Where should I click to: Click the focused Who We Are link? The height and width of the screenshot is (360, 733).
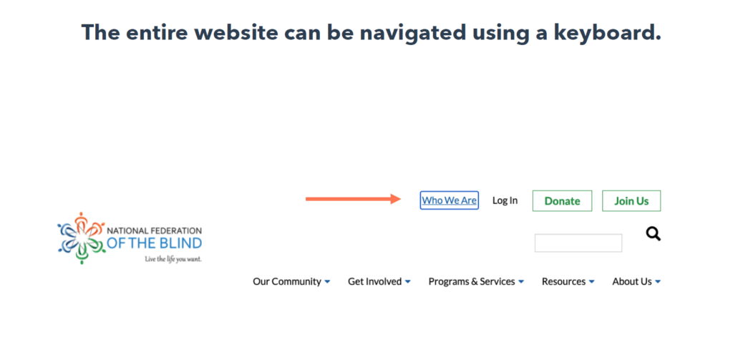coord(449,200)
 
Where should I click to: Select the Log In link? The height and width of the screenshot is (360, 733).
coord(505,200)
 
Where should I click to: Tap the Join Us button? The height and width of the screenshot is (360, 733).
coord(631,201)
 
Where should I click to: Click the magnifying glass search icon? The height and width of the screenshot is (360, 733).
coord(654,233)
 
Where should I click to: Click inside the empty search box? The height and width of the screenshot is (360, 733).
coord(578,243)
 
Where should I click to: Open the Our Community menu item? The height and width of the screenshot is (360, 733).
coord(287,281)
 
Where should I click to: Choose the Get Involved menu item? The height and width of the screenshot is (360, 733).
coord(374,281)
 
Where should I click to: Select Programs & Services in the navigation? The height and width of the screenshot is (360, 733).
coord(472,281)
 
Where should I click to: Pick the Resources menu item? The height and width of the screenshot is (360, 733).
coord(563,281)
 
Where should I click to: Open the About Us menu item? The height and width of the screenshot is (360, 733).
coord(631,281)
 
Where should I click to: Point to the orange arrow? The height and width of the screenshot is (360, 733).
coord(354,199)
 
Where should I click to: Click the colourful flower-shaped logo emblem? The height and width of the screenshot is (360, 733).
coord(82,238)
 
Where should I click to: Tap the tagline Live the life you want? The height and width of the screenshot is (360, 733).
coord(173,259)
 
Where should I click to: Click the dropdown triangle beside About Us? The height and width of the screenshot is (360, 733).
coord(658,282)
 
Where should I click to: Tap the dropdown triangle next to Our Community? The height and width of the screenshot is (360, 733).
coord(327,282)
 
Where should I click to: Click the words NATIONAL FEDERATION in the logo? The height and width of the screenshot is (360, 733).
coord(155,230)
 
